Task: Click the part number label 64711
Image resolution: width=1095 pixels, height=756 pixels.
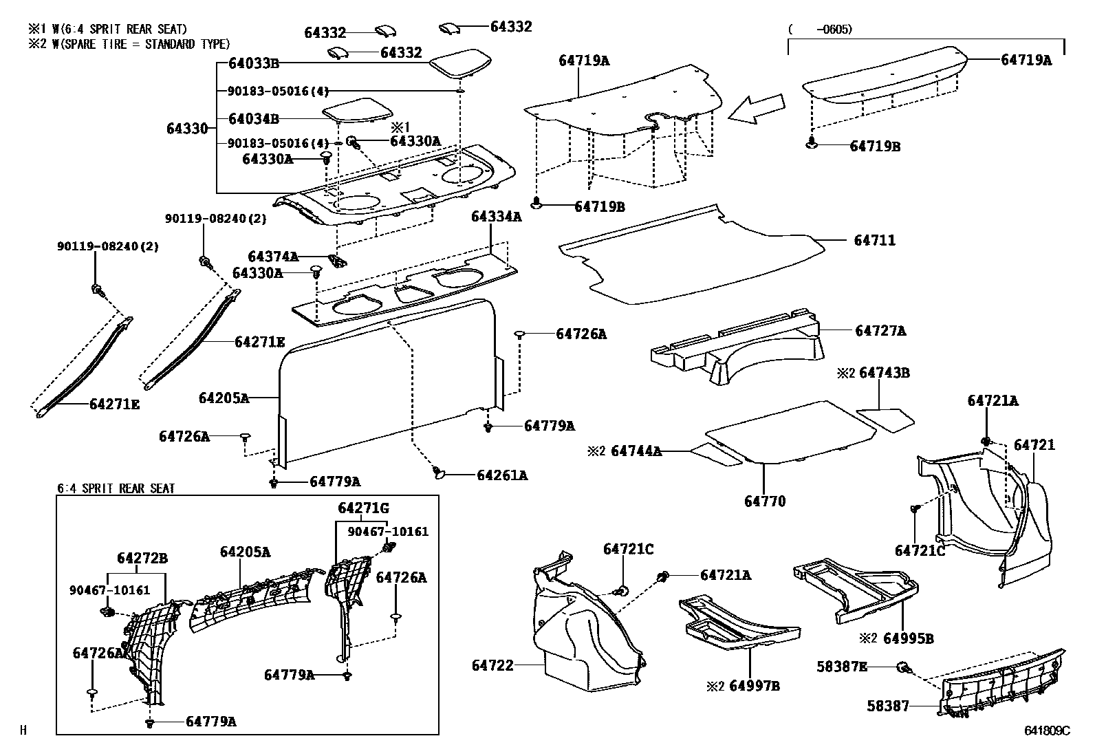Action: click(874, 241)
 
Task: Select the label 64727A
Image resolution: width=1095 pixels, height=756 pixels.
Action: click(880, 332)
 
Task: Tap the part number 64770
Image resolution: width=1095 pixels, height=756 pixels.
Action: click(764, 501)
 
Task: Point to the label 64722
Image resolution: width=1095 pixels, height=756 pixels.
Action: click(492, 665)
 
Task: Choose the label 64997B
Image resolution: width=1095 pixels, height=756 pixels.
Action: click(755, 687)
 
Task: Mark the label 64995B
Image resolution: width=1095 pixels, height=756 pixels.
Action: click(908, 638)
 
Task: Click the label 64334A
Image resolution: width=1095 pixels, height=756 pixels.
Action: click(496, 217)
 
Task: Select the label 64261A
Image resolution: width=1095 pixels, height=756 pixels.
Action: click(502, 475)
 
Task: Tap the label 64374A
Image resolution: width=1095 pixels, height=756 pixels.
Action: click(273, 257)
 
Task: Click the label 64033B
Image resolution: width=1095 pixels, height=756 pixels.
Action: click(253, 64)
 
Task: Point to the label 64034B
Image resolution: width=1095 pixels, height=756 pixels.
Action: click(253, 119)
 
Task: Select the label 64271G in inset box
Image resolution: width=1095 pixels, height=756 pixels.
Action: click(363, 508)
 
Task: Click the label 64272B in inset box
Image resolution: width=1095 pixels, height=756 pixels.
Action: click(142, 559)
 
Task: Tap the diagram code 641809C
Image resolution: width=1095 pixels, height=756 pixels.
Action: click(1047, 731)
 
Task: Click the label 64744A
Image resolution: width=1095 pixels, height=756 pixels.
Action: click(636, 451)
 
